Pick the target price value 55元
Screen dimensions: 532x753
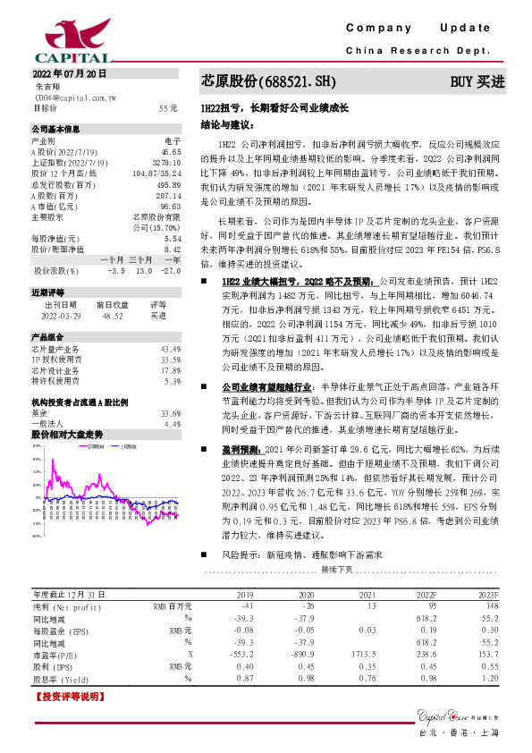pyautogui.click(x=168, y=107)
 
